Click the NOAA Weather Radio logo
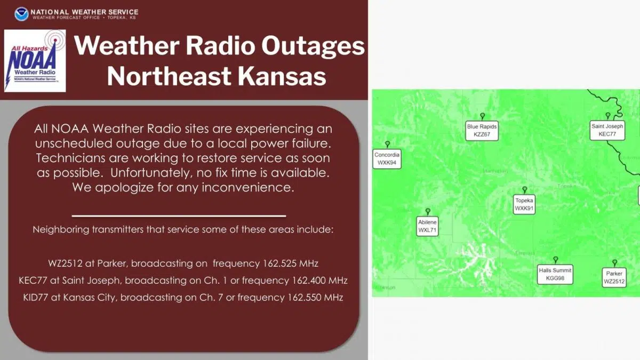pos(35,60)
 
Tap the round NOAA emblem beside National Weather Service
pos(21,13)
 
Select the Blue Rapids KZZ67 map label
pos(482,131)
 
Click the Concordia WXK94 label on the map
pos(387,158)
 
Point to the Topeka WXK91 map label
pos(524,204)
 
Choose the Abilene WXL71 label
pos(427,226)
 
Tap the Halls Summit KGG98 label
pos(555,274)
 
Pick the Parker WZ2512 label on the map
pos(614,277)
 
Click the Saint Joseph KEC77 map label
pos(607,130)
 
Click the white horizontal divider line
pos(179,216)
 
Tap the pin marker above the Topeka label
pos(524,189)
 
